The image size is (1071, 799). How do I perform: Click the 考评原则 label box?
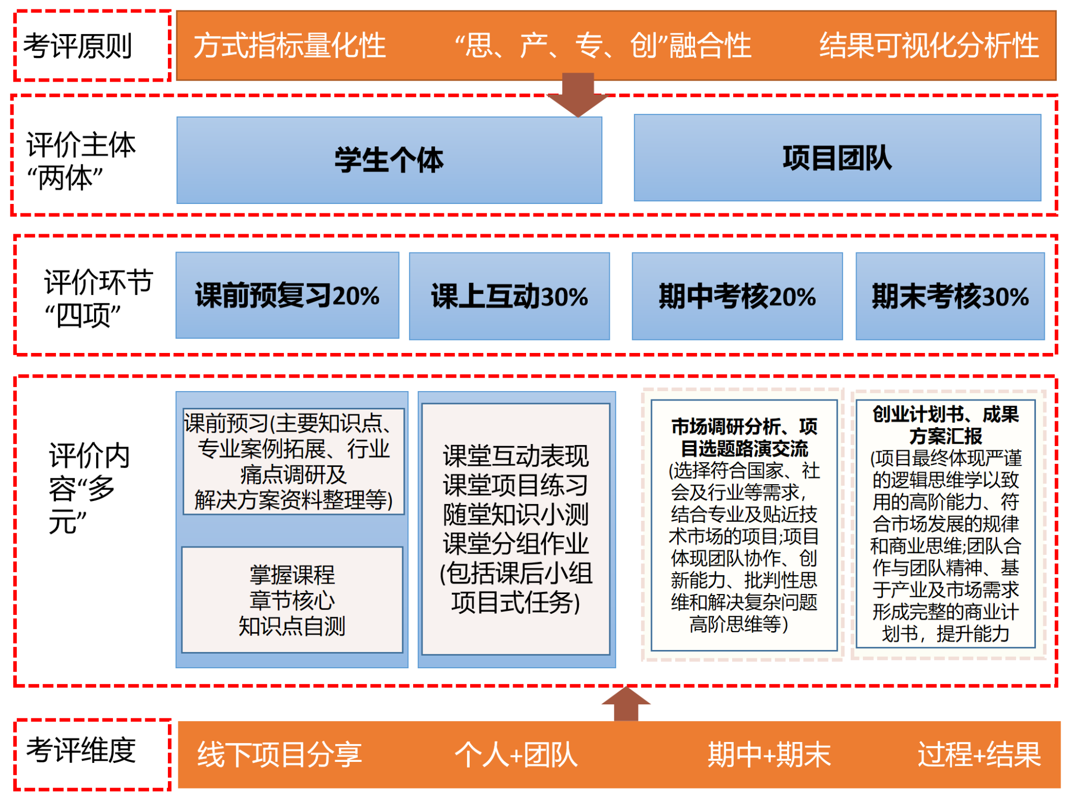tap(92, 45)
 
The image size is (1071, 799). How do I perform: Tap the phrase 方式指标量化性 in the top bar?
tap(290, 45)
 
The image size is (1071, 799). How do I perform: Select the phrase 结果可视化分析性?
tap(929, 45)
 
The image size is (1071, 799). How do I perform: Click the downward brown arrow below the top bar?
tap(578, 95)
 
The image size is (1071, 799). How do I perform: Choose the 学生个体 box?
tap(389, 160)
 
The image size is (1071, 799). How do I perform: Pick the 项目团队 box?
tap(837, 158)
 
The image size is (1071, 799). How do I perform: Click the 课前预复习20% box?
tap(287, 295)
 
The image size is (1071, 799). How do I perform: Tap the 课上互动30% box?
tap(509, 296)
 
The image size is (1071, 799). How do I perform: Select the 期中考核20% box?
tap(737, 296)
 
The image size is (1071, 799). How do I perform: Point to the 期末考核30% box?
tap(950, 296)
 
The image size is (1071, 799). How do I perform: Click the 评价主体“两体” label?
tap(81, 161)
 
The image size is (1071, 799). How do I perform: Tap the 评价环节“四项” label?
tap(98, 298)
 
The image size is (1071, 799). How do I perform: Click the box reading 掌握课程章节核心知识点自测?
tap(292, 600)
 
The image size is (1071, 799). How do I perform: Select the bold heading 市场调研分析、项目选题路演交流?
tap(744, 438)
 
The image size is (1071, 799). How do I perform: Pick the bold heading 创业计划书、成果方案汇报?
tap(945, 425)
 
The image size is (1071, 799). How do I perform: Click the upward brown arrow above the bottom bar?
tap(626, 704)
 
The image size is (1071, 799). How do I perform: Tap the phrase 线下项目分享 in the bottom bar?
tap(279, 755)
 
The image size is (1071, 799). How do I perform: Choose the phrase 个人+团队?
tap(516, 755)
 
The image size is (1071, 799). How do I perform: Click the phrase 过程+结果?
tap(979, 755)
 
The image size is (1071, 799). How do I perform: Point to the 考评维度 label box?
tap(92, 755)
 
